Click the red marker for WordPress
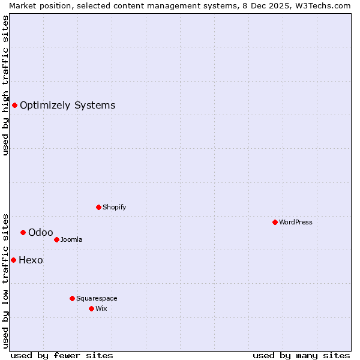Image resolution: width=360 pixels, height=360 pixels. [x=275, y=222]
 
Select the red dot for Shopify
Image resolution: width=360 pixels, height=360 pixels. [x=98, y=207]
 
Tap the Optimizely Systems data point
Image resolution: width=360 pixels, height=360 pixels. [x=14, y=106]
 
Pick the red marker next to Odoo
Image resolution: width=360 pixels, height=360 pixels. [x=23, y=232]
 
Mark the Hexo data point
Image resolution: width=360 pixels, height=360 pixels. [x=13, y=260]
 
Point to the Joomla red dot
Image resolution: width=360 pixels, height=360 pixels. [x=56, y=239]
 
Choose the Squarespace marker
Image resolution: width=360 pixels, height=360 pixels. [x=72, y=298]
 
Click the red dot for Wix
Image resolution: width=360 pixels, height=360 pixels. [x=91, y=308]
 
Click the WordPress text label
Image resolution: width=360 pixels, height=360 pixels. [x=296, y=222]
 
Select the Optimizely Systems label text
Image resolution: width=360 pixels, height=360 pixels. [x=67, y=106]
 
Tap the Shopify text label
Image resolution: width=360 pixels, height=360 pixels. [x=114, y=207]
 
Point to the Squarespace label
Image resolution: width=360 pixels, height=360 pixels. [x=97, y=298]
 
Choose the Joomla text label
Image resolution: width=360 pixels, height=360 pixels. [x=71, y=239]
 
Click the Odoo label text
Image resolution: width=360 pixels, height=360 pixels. [x=40, y=232]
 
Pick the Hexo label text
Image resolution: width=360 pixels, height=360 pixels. [x=31, y=260]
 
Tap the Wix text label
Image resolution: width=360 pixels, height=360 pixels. [x=101, y=308]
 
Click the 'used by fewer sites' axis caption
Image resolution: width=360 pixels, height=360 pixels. [x=62, y=355]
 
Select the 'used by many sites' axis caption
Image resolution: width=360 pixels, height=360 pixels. [x=301, y=355]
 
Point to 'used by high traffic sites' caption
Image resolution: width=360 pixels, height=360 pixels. [x=5, y=85]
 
